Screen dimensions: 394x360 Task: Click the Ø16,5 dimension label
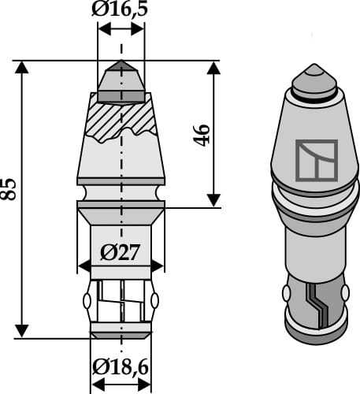(121, 10)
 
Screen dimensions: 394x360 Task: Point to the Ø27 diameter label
(121, 252)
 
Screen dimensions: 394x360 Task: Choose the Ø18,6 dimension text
(121, 368)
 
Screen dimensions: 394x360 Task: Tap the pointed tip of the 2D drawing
(121, 64)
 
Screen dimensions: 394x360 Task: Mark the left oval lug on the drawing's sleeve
(87, 301)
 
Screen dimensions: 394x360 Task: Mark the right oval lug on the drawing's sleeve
(154, 301)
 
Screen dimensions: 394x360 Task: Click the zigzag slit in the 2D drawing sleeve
(121, 303)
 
